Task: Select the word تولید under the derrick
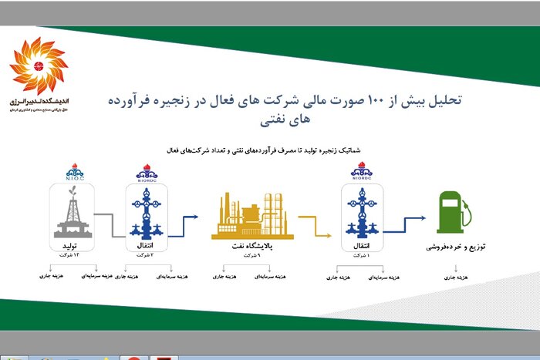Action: [x=74, y=247]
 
